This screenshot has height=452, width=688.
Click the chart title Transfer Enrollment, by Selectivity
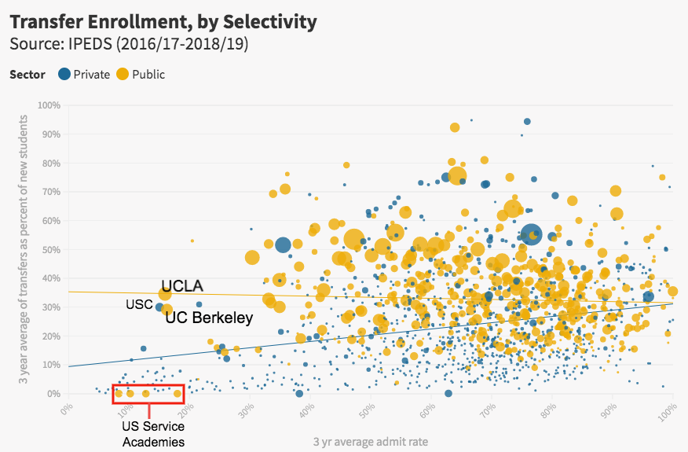[x=163, y=21]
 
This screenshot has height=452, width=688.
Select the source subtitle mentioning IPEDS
[x=129, y=44]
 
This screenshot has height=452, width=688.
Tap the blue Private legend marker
[x=64, y=75]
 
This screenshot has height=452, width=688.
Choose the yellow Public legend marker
[x=123, y=75]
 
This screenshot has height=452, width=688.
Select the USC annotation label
[x=139, y=304]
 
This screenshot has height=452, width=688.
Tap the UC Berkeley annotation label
[x=209, y=318]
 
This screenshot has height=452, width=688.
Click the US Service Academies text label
[x=153, y=434]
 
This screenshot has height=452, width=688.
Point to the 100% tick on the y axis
[x=50, y=105]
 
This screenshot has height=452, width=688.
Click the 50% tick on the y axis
[x=52, y=249]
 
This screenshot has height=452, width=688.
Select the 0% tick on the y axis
[x=54, y=394]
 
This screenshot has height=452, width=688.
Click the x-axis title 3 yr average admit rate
[x=371, y=442]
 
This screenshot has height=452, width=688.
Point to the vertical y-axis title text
[x=24, y=249]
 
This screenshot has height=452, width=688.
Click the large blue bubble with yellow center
[x=532, y=234]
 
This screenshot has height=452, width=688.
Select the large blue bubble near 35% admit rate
[x=283, y=245]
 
